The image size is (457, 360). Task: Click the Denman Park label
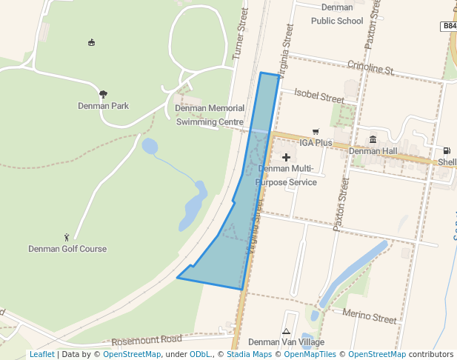tap(103, 106)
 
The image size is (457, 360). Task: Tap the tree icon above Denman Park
tap(103, 94)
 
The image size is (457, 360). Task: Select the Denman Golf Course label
tap(67, 249)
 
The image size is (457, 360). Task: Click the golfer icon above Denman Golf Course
tap(67, 237)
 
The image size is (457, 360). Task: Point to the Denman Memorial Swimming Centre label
tap(210, 115)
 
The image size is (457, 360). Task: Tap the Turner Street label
tap(238, 34)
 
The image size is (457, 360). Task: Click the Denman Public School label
tap(337, 14)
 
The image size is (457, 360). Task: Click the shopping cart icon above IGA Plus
tap(316, 132)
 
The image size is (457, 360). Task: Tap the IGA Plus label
tap(316, 142)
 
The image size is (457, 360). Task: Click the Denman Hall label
tap(373, 151)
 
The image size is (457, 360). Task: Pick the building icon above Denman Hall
tap(373, 139)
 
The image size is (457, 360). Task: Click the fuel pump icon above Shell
tap(447, 151)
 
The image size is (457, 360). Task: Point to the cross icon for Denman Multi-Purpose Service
tap(287, 157)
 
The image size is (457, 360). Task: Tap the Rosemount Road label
tap(147, 340)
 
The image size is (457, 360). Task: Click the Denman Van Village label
tap(286, 342)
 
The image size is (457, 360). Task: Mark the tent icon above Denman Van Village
tap(286, 331)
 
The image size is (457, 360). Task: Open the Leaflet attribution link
tap(41, 354)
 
